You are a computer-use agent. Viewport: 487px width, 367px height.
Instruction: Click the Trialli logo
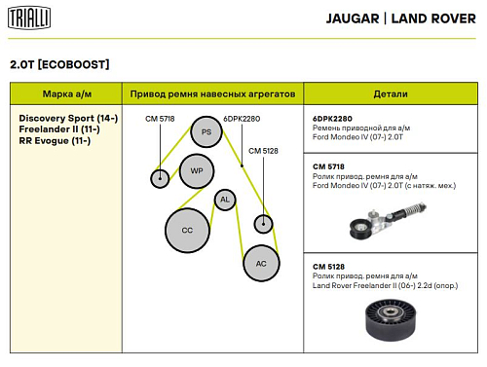[x=29, y=18]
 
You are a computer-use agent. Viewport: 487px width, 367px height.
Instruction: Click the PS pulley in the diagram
[x=206, y=131]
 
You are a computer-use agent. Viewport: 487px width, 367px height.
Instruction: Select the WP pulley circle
[x=197, y=171]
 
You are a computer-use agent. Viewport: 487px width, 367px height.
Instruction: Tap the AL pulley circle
[x=225, y=200]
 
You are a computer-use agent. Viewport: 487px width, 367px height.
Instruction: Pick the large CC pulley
[x=187, y=230]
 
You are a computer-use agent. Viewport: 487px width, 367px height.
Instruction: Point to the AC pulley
[x=261, y=263]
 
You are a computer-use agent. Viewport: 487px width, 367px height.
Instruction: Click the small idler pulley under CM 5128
[x=263, y=224]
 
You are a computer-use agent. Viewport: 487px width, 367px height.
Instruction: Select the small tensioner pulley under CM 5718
[x=160, y=178]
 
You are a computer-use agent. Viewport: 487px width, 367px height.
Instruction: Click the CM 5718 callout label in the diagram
[x=160, y=119]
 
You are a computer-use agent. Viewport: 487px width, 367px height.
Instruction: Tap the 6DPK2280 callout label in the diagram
[x=242, y=119]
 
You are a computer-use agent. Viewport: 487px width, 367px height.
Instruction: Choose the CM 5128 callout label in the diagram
[x=263, y=151]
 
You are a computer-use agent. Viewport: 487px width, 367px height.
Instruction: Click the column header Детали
[x=391, y=94]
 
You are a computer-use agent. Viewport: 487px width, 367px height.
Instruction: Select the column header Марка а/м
[x=67, y=94]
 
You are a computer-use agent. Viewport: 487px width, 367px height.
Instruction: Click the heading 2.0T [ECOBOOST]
[x=59, y=64]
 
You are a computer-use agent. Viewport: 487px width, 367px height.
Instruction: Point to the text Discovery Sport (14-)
[x=68, y=118]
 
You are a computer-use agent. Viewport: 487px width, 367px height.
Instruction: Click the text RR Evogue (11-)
[x=55, y=141]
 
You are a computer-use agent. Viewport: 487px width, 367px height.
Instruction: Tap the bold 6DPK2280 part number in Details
[x=332, y=119]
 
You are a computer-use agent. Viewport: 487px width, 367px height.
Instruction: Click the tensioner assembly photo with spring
[x=388, y=220]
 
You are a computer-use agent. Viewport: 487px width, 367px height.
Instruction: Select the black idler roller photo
[x=391, y=320]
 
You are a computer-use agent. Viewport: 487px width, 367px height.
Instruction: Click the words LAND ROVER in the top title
[x=433, y=18]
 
